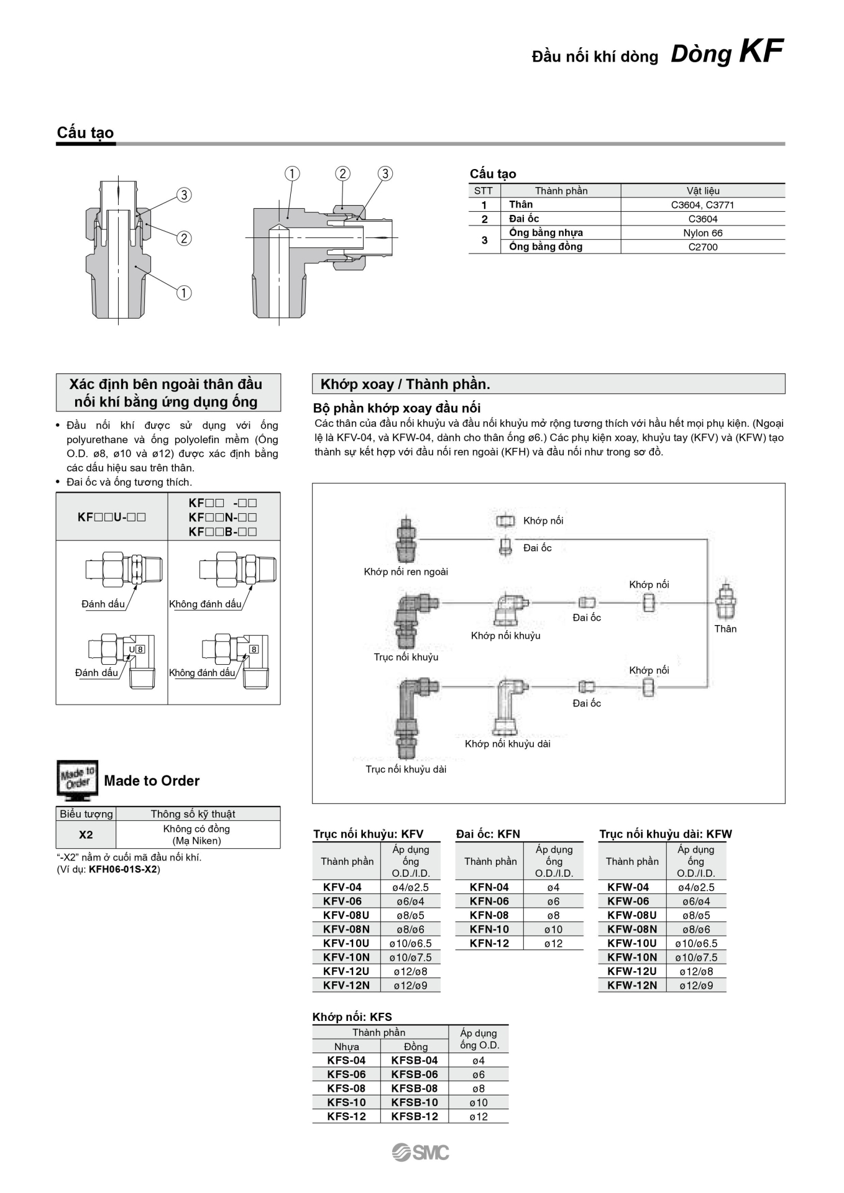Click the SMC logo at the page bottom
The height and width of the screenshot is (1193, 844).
(421, 1153)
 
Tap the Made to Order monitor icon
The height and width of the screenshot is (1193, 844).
(77, 780)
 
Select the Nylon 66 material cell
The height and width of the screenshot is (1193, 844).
(702, 233)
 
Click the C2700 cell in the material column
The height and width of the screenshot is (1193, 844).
(702, 247)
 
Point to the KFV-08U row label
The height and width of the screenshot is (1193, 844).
(346, 915)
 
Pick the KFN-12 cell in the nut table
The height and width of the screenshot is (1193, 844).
(489, 943)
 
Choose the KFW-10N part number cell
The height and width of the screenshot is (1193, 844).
(632, 958)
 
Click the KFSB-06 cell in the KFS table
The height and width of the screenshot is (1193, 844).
(415, 1074)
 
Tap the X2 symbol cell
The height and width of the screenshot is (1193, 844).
(86, 834)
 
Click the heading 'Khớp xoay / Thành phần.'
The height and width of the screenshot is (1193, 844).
(405, 384)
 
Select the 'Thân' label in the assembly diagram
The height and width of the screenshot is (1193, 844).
(725, 629)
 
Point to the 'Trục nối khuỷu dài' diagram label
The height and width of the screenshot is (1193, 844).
(406, 769)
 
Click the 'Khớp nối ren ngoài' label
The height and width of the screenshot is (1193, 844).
(406, 572)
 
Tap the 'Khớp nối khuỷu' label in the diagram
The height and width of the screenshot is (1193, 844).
(505, 636)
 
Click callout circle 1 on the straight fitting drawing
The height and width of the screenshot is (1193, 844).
(184, 293)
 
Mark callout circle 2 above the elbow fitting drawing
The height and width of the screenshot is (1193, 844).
(342, 173)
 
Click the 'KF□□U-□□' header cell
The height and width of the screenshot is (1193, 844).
(112, 517)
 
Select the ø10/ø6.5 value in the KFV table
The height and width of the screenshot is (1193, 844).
(410, 943)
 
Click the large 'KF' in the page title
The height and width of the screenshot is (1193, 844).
(761, 52)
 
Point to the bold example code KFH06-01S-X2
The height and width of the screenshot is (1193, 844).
(123, 869)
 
